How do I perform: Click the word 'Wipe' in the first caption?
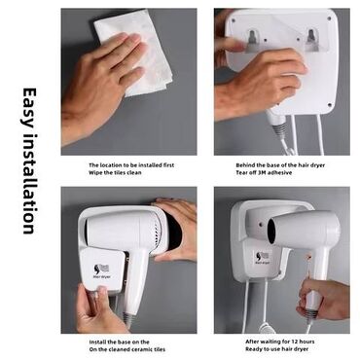tap(95, 172)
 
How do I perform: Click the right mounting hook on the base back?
tap(311, 40)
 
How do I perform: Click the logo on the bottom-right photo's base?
tap(262, 258)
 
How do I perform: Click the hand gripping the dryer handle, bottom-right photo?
tap(324, 299)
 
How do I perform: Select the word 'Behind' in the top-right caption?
tap(244, 165)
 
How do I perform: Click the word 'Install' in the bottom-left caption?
tap(97, 342)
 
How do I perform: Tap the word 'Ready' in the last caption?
tap(254, 349)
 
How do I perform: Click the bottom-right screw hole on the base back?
tap(330, 105)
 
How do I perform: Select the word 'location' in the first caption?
tap(110, 165)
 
